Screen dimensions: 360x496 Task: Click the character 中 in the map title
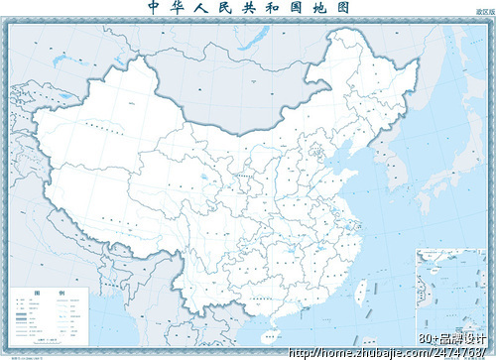[154, 8]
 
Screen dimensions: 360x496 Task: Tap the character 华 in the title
[179, 8]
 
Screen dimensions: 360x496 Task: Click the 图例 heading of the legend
[50, 295]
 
